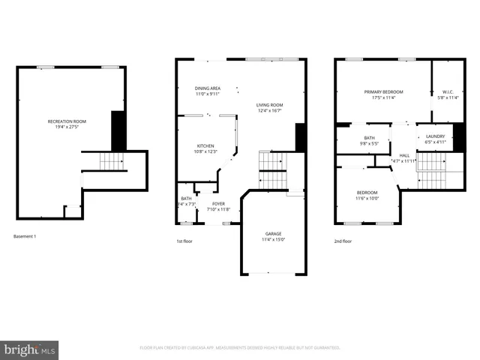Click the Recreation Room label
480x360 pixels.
coord(67,121)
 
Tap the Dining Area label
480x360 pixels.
coord(207,88)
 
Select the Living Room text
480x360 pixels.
coord(269,105)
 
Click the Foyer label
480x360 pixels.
coord(217,203)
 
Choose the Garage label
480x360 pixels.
coord(273,234)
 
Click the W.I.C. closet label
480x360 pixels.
coord(448,91)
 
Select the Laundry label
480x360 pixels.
coord(436,136)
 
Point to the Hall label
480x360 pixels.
coord(403,155)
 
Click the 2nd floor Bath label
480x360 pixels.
coord(370,138)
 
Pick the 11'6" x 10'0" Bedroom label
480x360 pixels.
coord(367,193)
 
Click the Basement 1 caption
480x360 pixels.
coord(25,237)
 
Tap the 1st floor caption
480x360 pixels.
coord(185,241)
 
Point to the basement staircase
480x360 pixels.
coord(110,161)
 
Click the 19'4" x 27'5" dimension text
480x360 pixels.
coord(67,127)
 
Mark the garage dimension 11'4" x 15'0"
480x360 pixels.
coord(273,240)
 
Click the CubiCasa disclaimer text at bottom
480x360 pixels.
coord(240,348)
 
